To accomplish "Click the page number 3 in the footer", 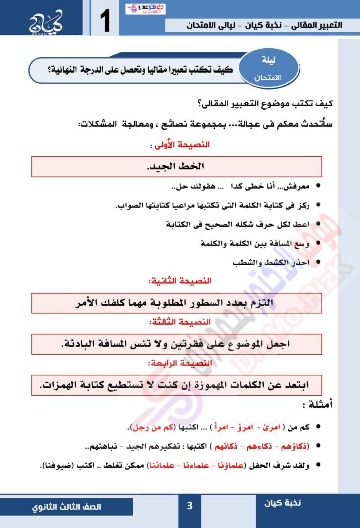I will coord(189,506).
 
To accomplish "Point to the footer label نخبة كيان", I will coord(283,502).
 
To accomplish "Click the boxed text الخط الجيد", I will coord(176,167).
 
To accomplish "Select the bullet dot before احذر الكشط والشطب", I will coord(318,262).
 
